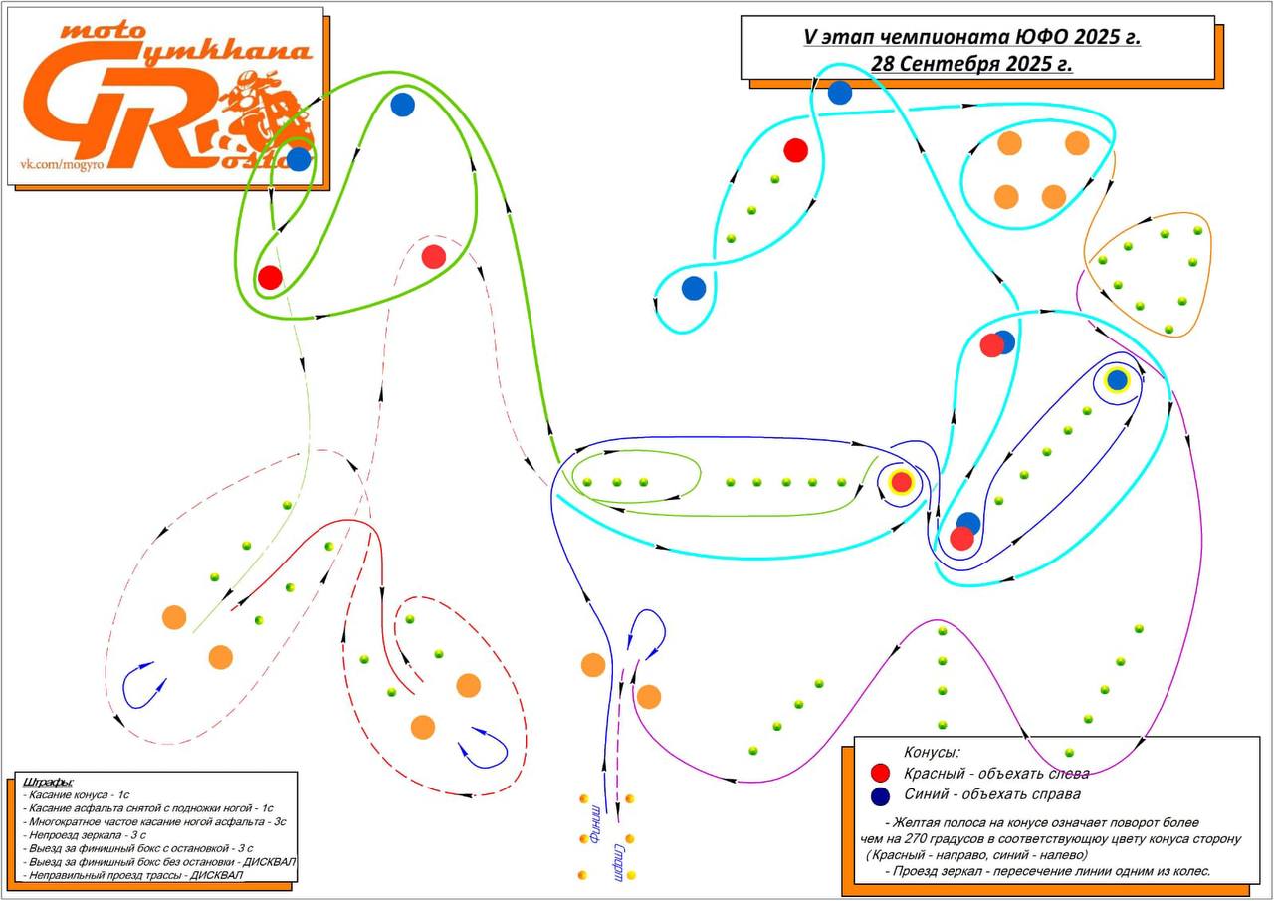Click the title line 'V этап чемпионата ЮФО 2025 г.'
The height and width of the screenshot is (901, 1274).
971,38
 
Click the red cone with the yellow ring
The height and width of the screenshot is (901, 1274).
901,482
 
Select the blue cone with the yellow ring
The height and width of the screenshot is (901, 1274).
1117,380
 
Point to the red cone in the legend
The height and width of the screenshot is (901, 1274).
880,773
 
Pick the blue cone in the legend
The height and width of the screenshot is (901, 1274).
880,795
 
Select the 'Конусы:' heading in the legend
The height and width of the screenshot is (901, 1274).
932,752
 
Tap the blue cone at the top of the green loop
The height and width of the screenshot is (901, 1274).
402,105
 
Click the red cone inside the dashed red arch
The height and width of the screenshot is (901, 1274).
433,257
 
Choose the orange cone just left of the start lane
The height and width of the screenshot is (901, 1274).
593,665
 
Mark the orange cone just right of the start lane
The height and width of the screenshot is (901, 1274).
649,697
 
